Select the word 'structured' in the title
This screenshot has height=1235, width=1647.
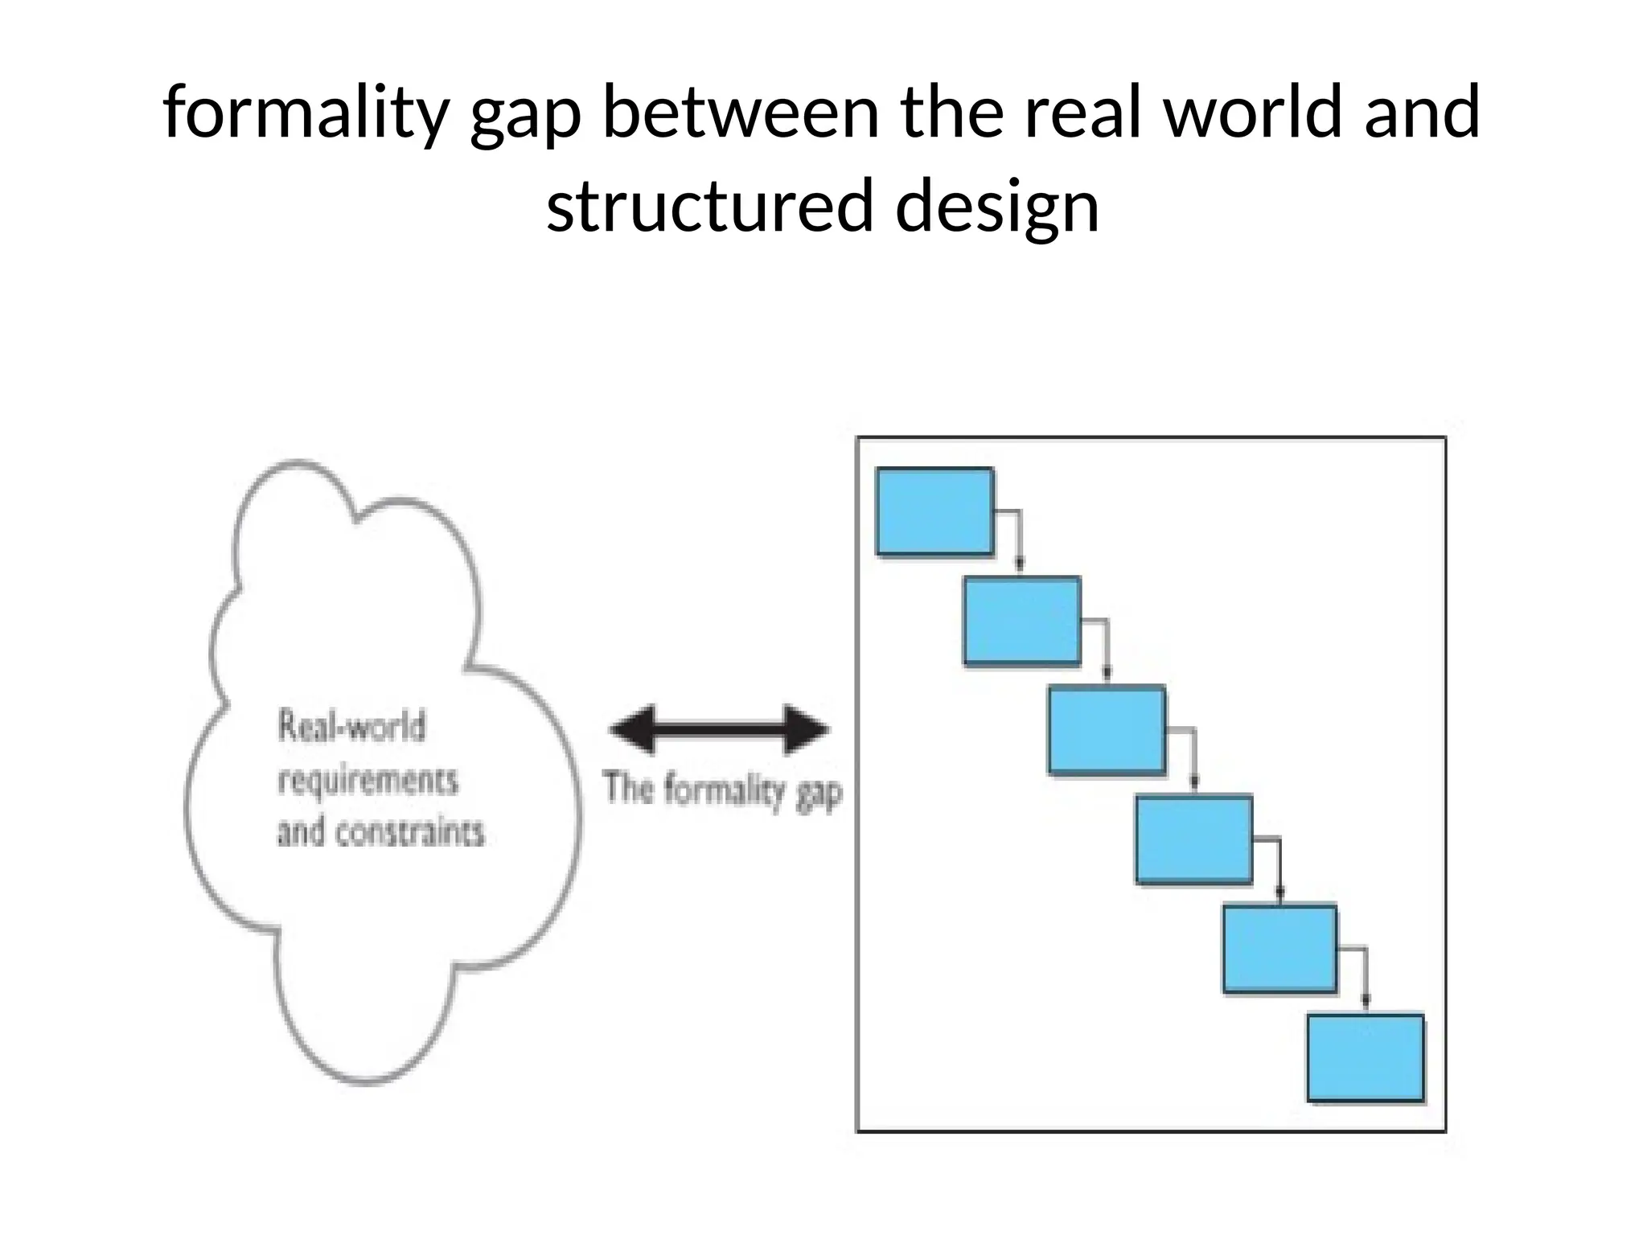708,206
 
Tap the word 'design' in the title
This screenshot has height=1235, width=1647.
996,206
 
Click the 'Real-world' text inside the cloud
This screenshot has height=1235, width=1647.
351,727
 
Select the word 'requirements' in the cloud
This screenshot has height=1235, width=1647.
368,780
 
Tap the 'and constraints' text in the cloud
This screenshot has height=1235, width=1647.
380,832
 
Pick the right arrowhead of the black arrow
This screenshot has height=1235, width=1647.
807,730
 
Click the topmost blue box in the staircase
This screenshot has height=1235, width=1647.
934,511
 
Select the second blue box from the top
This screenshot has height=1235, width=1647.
1022,621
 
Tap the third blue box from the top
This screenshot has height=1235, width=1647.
1107,729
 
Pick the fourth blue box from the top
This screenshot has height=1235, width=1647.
1193,839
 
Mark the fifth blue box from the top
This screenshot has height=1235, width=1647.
1279,949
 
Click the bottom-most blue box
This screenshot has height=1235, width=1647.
1365,1058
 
